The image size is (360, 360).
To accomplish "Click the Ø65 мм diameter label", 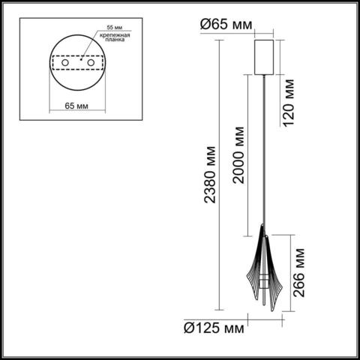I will coord(224,24).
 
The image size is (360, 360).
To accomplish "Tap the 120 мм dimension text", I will coord(287,105).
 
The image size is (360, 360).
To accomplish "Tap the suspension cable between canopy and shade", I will coord(265,150).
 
